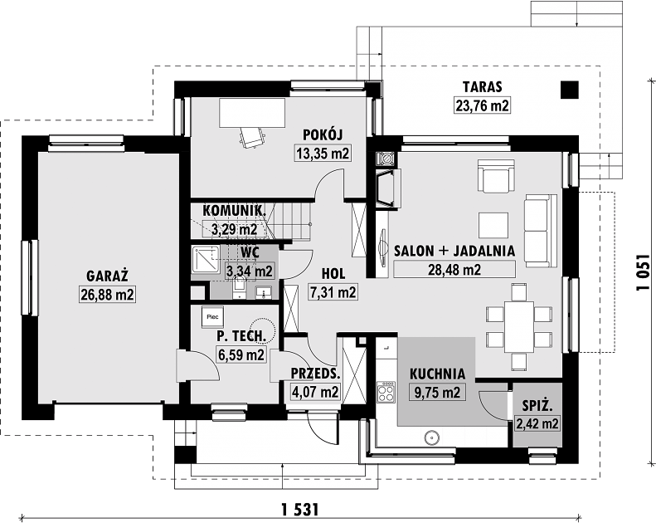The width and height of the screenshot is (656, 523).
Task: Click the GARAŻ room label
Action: coord(107,276)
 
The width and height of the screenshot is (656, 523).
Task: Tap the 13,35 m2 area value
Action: coord(323,154)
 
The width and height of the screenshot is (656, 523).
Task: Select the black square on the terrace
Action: coord(570,90)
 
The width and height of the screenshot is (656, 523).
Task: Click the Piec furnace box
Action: coord(213,317)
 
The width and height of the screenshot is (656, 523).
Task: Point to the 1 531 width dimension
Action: coord(300,510)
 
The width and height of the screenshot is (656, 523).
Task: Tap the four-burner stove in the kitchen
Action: coord(386,392)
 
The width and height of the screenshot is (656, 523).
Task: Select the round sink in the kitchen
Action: coord(431,438)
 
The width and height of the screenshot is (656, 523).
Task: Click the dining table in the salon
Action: coord(519,326)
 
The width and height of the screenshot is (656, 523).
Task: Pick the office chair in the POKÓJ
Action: coord(253,138)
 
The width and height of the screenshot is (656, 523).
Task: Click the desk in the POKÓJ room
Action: coord(252,113)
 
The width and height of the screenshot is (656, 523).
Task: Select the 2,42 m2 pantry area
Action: coord(537,424)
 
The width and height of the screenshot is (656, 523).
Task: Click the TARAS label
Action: coord(482,86)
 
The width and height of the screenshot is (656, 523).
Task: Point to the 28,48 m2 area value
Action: coord(454,269)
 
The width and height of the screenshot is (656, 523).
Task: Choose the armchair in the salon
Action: coord(496,175)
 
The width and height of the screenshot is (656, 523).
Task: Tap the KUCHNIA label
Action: coord(437,374)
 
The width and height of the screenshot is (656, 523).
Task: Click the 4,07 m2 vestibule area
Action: coord(314,393)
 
